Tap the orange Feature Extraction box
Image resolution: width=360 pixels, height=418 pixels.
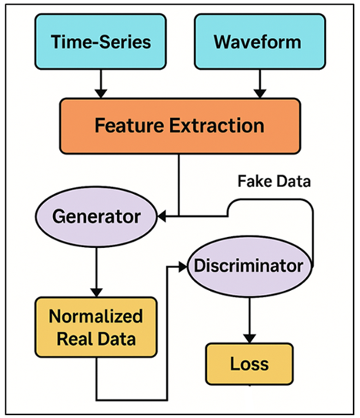point(179,125)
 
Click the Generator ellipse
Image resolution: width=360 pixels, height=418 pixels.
point(97,216)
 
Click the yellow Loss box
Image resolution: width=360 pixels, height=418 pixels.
point(248,362)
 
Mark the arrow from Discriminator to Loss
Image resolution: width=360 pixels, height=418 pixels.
point(247,319)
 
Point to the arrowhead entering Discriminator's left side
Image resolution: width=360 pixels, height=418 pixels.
point(185,266)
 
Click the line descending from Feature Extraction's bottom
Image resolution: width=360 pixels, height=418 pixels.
point(178,185)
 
